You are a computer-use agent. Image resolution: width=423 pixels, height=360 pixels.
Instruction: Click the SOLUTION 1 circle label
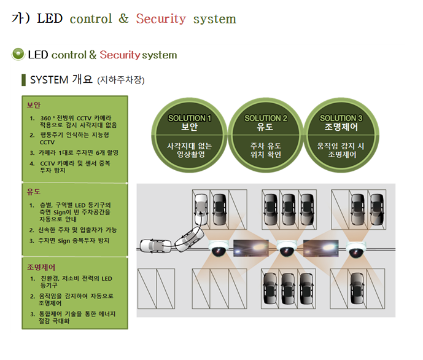(190, 118)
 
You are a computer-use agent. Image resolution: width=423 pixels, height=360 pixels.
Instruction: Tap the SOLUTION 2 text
(266, 118)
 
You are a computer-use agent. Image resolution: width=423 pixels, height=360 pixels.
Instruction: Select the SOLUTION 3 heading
(341, 118)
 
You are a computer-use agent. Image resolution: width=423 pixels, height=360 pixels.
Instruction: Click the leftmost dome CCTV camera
(217, 249)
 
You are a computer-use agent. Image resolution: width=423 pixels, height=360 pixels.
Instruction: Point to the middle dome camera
(286, 249)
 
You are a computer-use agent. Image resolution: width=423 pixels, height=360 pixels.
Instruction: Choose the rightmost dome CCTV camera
(355, 249)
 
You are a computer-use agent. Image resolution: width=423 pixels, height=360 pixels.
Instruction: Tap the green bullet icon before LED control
(18, 54)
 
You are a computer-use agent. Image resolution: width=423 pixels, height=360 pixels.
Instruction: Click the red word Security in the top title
(161, 19)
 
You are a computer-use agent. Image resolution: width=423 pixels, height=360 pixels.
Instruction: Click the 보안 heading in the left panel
(34, 104)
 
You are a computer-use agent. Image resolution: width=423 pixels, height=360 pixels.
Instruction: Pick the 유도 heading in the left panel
(34, 192)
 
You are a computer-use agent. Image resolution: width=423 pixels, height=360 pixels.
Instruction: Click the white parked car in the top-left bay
(201, 209)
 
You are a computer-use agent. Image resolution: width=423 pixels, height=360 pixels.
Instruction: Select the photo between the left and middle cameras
(252, 248)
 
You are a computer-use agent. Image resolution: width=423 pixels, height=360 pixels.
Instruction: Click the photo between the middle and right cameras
(320, 248)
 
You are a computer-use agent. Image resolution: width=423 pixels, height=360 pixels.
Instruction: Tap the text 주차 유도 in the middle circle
(266, 146)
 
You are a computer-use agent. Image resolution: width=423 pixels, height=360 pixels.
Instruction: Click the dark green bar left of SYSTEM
(23, 80)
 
